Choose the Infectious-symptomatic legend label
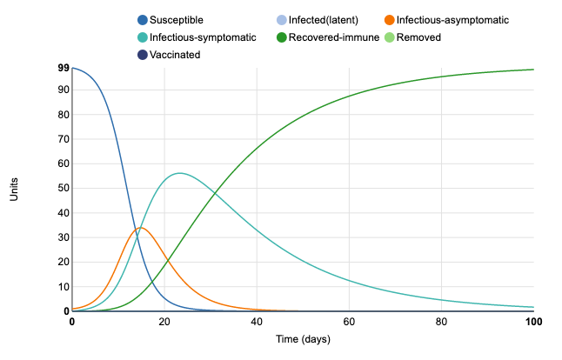tap(202, 37)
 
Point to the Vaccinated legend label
tap(175, 55)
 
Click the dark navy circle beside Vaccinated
tap(144, 55)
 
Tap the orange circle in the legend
tap(389, 20)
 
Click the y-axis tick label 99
tap(64, 67)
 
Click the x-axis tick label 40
tap(257, 322)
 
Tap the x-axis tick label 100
tap(533, 322)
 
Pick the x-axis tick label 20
tap(164, 322)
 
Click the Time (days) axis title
tap(303, 338)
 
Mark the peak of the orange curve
tap(141, 228)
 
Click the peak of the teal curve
tap(179, 173)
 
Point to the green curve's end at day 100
tap(533, 70)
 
